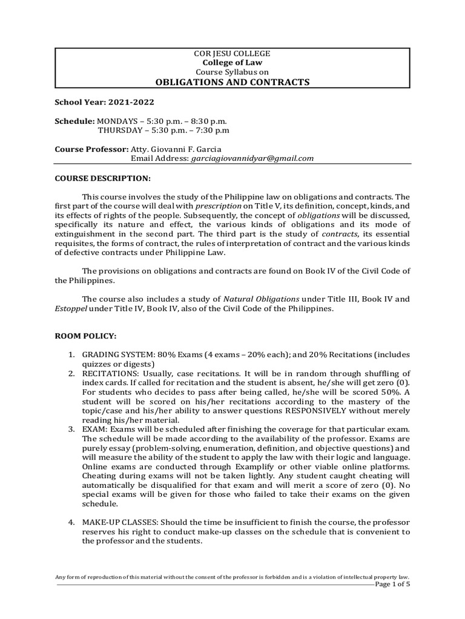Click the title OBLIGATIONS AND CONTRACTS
pos(232,82)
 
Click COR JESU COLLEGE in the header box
pos(232,54)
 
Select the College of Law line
pos(232,63)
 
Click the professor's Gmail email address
pos(252,158)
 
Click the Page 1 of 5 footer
pos(392,585)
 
